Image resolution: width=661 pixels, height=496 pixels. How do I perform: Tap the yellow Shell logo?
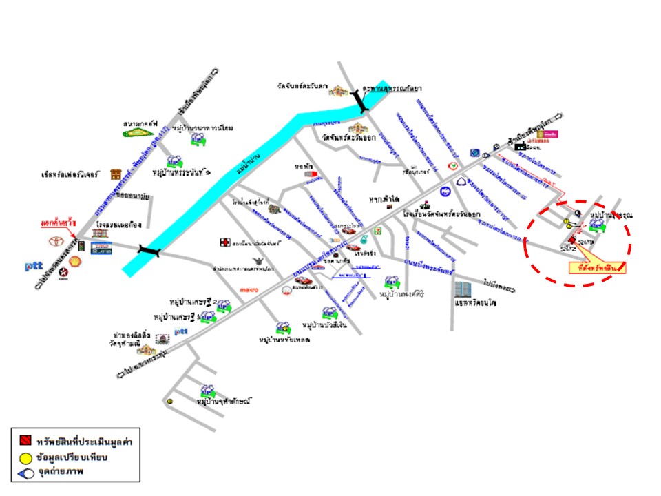pyautogui.click(x=74, y=261)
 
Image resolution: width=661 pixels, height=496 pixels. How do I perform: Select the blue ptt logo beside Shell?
pyautogui.click(x=34, y=265)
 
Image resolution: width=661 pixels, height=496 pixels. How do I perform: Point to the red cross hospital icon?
pyautogui.click(x=224, y=242)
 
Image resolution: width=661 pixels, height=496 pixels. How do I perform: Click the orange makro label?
pyautogui.click(x=249, y=290)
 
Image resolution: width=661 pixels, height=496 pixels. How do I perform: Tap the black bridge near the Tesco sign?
pyautogui.click(x=149, y=251)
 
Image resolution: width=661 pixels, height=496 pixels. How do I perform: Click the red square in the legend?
pyautogui.click(x=24, y=440)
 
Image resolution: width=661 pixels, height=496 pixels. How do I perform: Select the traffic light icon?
pyautogui.click(x=80, y=247)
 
